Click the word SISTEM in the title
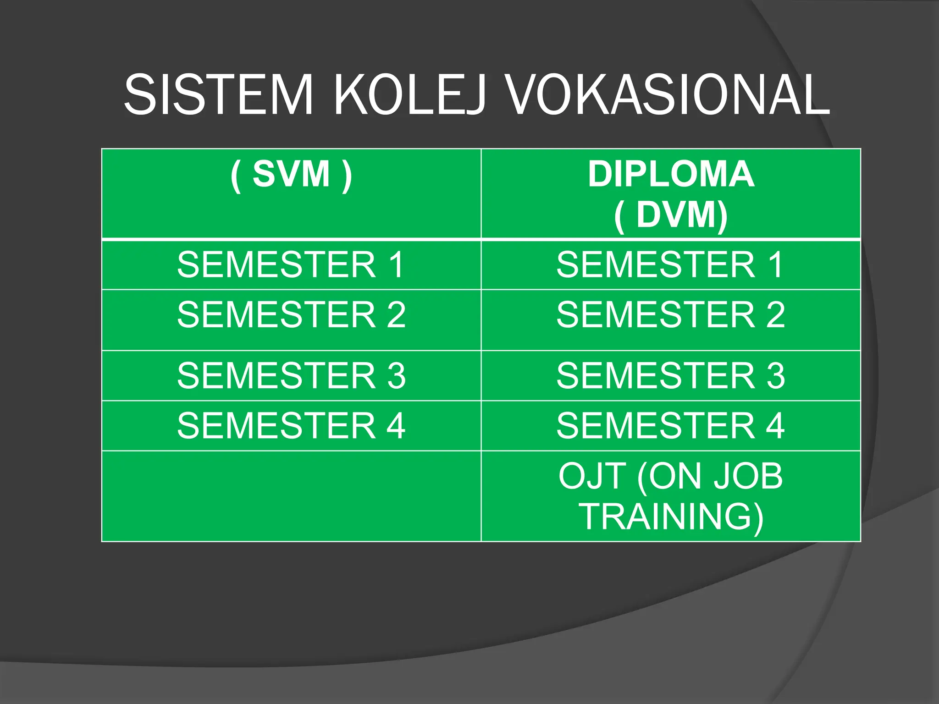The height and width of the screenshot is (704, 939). (218, 95)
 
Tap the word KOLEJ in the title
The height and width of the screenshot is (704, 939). (409, 95)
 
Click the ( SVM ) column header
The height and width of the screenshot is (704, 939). (291, 174)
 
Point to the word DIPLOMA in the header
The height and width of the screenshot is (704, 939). (671, 174)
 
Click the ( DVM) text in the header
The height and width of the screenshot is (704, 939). (671, 214)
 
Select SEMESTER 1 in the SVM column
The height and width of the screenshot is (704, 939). (291, 264)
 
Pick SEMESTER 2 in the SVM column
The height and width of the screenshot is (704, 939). (291, 314)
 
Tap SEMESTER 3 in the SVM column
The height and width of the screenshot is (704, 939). (291, 375)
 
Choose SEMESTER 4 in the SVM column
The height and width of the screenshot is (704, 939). (291, 425)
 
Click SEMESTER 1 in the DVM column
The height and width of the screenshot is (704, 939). (671, 264)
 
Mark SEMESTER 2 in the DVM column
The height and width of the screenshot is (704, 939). (671, 314)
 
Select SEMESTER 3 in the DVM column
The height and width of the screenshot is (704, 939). (671, 375)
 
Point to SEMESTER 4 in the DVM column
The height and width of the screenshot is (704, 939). (671, 425)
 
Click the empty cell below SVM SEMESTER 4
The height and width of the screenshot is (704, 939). (291, 496)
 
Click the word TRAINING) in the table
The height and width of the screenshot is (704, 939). (671, 517)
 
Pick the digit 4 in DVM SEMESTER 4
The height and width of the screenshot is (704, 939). (775, 425)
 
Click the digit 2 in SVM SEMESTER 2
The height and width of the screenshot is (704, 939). (396, 314)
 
